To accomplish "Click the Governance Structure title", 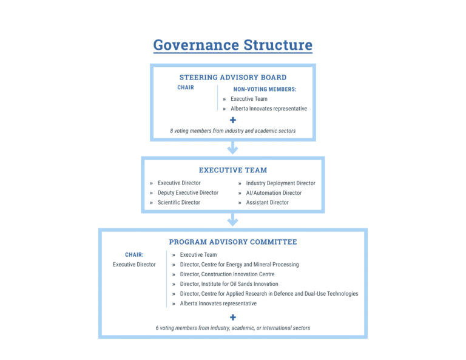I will click(232, 45).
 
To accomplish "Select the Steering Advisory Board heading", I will click(232, 77).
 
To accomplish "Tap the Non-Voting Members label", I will click(265, 89).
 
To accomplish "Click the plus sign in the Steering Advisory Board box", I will click(232, 120).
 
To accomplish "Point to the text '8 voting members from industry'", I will click(232, 131).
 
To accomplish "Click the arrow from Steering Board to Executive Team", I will click(232, 148).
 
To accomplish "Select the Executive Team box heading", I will click(232, 171).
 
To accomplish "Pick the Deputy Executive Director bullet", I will click(187, 193).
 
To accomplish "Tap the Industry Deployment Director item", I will click(280, 183).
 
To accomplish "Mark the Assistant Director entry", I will click(267, 203).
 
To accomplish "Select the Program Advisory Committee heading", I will click(232, 242).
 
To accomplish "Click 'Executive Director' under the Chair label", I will click(134, 265).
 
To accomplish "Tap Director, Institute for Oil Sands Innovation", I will click(229, 284).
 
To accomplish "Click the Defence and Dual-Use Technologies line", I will click(269, 294).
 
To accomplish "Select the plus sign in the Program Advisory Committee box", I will click(232, 318).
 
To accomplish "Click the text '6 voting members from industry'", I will click(232, 328).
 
